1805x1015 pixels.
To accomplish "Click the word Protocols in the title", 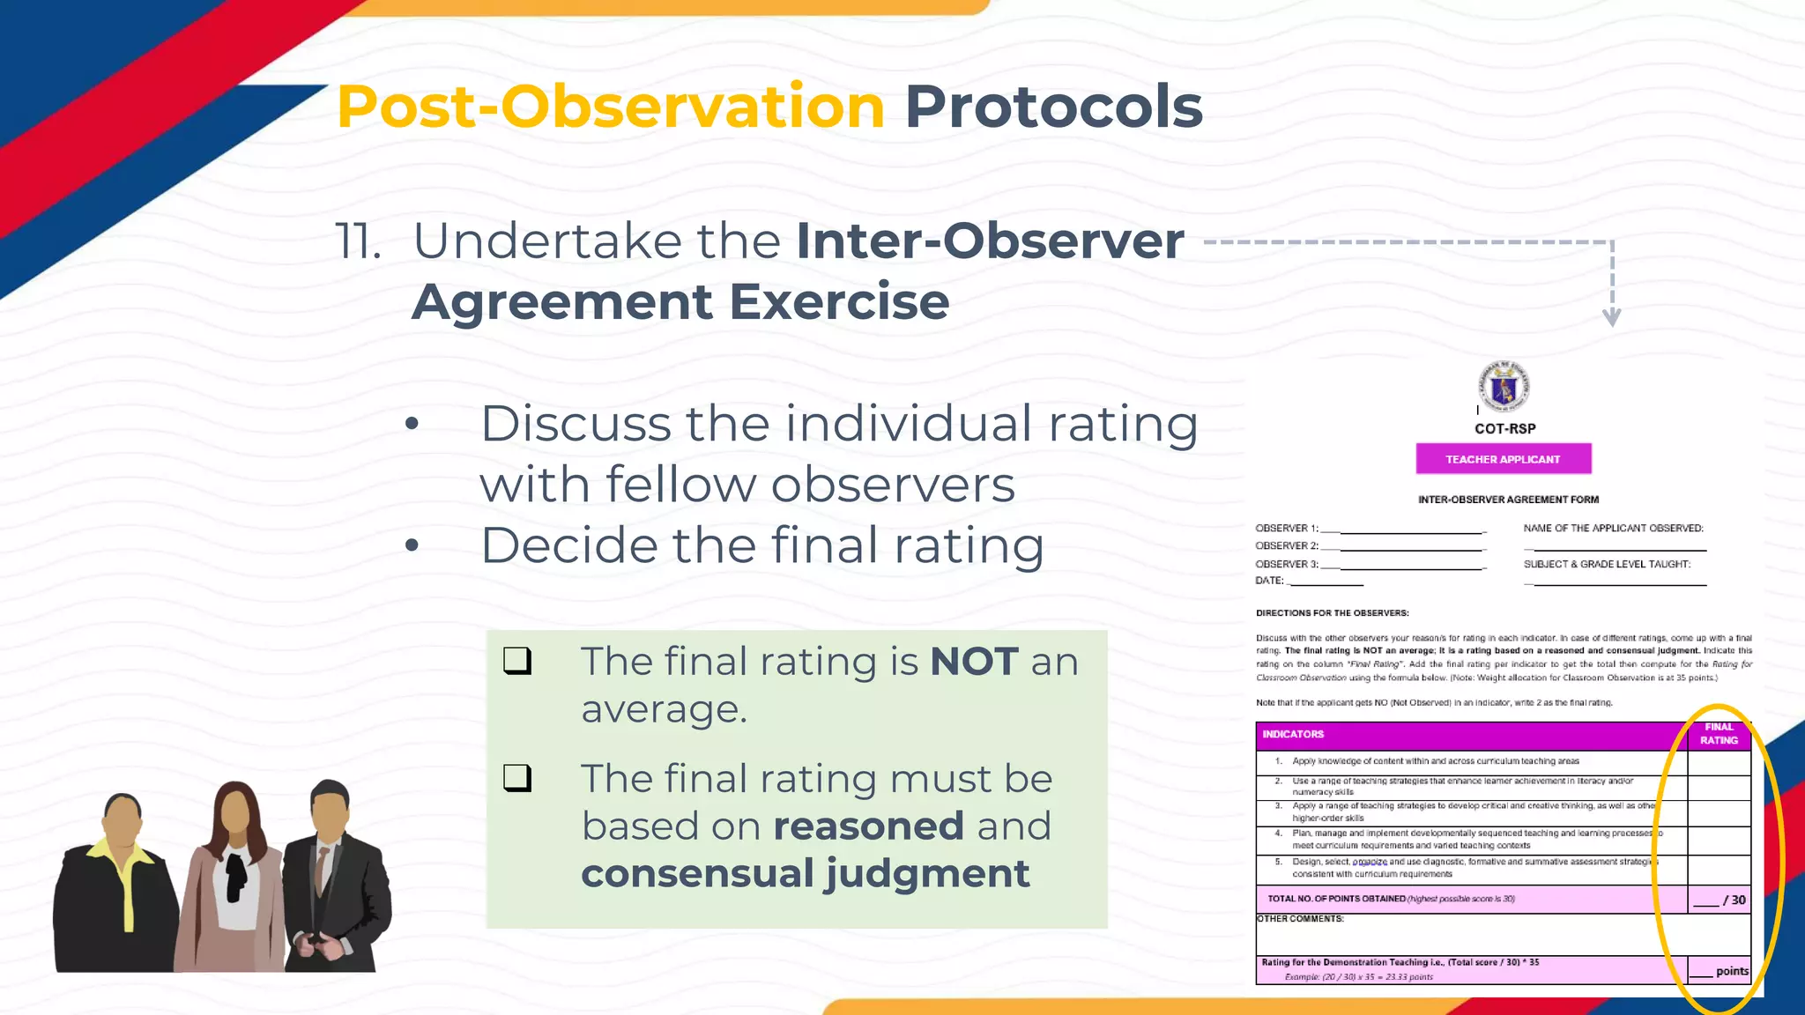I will click(x=1053, y=107).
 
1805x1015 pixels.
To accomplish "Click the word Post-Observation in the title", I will click(x=610, y=107).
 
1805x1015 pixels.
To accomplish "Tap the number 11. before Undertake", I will click(x=358, y=241).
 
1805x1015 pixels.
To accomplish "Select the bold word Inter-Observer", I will click(x=990, y=241).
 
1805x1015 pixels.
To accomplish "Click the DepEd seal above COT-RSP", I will click(x=1504, y=386).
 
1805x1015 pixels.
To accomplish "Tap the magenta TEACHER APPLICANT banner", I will click(x=1503, y=459).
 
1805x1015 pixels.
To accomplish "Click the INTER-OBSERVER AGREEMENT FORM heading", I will click(x=1508, y=500).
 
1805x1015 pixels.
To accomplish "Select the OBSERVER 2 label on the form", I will click(x=1287, y=546).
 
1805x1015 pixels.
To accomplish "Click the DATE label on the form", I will click(x=1269, y=581).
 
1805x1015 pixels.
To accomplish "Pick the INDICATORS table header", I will click(x=1293, y=735).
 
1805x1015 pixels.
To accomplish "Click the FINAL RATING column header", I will click(x=1719, y=734).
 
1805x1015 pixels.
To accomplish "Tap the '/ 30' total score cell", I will click(x=1720, y=900).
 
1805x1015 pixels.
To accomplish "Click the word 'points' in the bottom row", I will click(x=1732, y=971).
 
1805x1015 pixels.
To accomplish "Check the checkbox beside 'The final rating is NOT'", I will click(x=517, y=661).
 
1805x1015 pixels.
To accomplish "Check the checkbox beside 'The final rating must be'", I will click(x=517, y=778).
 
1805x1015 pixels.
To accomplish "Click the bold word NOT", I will click(x=974, y=662).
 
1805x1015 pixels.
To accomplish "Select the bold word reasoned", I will click(x=868, y=826).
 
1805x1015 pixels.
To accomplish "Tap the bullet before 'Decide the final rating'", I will click(x=412, y=545).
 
